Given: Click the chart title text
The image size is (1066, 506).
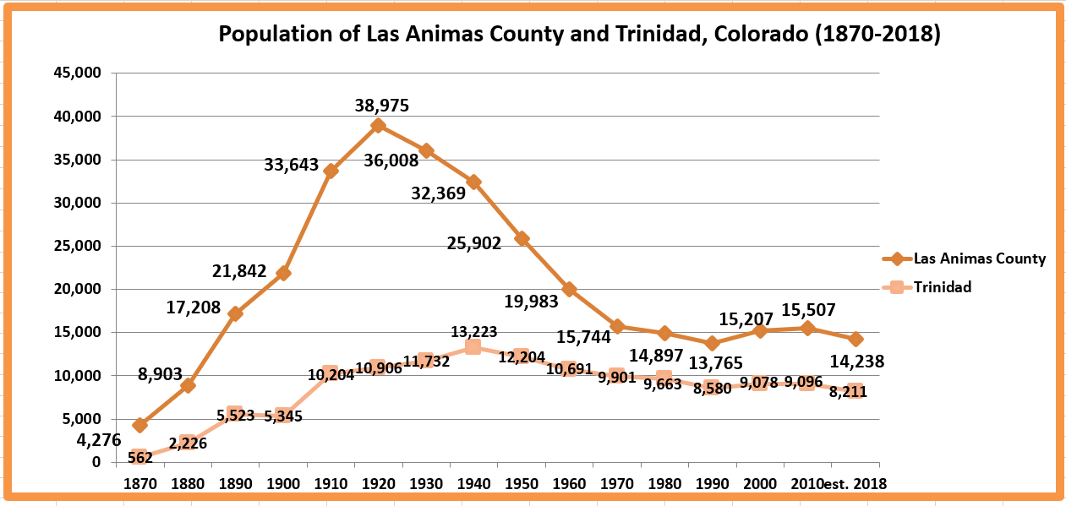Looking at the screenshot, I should pyautogui.click(x=579, y=34).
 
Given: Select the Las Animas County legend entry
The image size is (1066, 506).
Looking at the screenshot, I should pyautogui.click(x=979, y=258).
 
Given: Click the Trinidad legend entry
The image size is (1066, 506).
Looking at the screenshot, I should pyautogui.click(x=942, y=286).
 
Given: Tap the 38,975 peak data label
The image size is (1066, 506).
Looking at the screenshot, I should pyautogui.click(x=381, y=106).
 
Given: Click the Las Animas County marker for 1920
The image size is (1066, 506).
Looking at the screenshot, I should pyautogui.click(x=379, y=126).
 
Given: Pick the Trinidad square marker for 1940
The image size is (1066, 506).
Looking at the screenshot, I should pyautogui.click(x=473, y=347).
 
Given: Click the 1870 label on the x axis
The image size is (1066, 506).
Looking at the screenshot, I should pyautogui.click(x=139, y=483).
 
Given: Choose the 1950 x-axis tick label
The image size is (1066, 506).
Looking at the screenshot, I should pyautogui.click(x=521, y=483).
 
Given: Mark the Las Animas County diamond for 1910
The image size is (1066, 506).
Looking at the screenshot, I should pyautogui.click(x=331, y=171).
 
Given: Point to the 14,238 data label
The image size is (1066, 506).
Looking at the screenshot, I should pyautogui.click(x=856, y=362).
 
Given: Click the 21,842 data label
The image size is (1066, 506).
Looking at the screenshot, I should pyautogui.click(x=239, y=271).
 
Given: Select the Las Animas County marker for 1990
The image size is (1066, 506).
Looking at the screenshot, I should pyautogui.click(x=713, y=343).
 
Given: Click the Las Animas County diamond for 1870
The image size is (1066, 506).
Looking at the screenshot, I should pyautogui.click(x=139, y=425).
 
